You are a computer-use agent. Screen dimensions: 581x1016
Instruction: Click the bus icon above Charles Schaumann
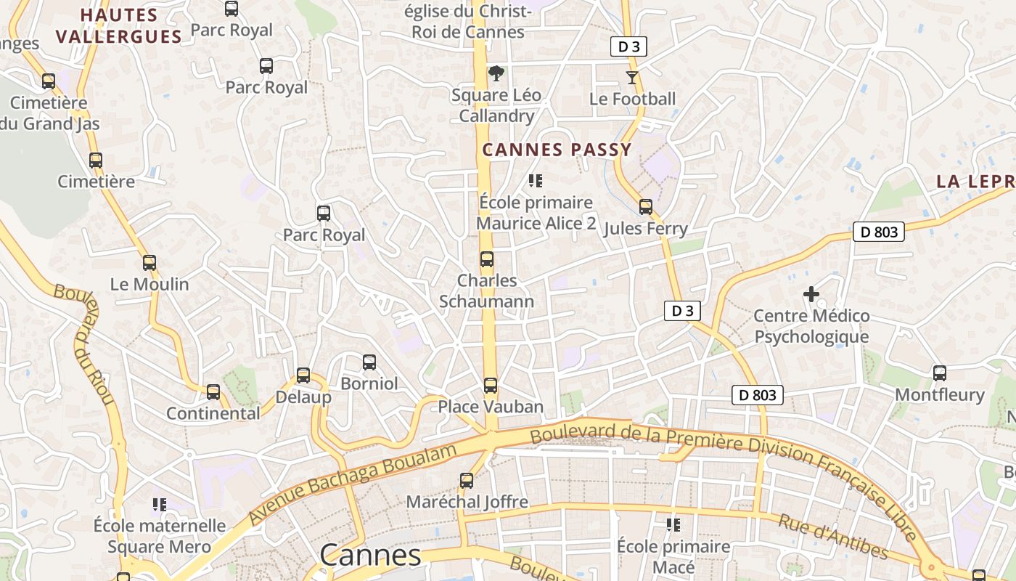pos(487,259)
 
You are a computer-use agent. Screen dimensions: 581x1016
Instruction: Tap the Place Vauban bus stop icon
pos(491,386)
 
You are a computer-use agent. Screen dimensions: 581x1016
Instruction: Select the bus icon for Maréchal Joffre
pos(467,481)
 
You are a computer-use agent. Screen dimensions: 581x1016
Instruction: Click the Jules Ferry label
pos(645,229)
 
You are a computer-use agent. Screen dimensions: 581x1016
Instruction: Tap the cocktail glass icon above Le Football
pos(632,78)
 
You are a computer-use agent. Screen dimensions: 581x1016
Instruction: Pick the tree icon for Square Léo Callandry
pos(496,73)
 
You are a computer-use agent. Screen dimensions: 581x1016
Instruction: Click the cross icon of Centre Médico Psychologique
pos(811,294)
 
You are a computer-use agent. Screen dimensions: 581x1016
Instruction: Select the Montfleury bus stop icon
pos(940,373)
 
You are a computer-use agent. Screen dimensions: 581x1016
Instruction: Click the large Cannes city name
pos(370,556)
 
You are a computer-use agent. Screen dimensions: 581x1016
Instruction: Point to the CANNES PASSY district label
pos(557,150)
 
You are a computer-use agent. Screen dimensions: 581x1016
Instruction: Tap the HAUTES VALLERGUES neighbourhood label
pos(119,26)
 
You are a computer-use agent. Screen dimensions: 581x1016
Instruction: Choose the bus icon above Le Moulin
pos(149,263)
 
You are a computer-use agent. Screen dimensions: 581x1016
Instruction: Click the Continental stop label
pos(213,413)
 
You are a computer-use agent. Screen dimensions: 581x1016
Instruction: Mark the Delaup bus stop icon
pos(303,375)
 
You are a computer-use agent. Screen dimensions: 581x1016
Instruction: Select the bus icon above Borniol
pos(369,362)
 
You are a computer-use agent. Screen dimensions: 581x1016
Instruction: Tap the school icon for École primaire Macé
pos(673,524)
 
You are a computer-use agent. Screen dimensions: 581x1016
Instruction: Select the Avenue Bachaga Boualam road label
pos(353,483)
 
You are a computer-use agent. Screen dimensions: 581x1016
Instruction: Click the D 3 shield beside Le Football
pos(628,47)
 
